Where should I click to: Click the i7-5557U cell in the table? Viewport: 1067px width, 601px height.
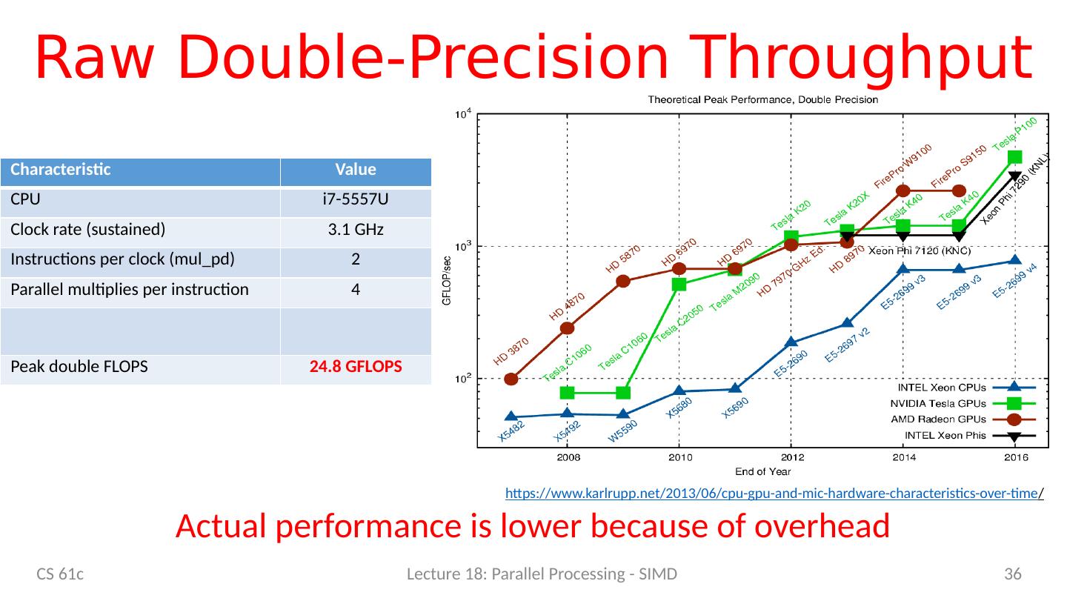pos(356,200)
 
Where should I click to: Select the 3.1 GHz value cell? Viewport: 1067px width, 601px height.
pos(356,230)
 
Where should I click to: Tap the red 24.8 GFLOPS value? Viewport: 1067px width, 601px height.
pos(356,367)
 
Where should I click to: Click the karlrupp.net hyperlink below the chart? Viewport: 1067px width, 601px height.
pos(774,492)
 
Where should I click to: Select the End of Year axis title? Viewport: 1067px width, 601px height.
pos(764,471)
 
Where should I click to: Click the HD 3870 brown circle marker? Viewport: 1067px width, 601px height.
pos(511,379)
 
